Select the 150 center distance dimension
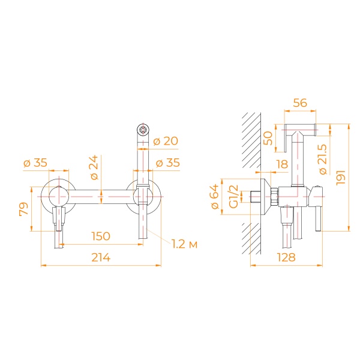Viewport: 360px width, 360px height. (x=100, y=236)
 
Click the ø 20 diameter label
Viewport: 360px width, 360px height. (x=166, y=141)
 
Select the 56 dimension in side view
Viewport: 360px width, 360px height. (x=300, y=103)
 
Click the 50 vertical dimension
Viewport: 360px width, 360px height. (x=268, y=141)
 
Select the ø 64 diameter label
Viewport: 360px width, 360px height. (x=215, y=198)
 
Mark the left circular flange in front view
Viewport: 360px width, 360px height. (x=58, y=196)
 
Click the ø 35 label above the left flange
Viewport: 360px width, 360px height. (x=35, y=163)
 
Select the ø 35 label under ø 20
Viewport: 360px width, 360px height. (x=166, y=163)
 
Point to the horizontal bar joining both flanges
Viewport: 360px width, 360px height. (x=100, y=196)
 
